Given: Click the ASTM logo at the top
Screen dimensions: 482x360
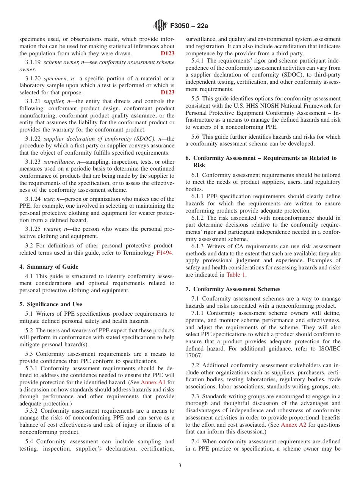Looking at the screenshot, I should (x=160, y=25).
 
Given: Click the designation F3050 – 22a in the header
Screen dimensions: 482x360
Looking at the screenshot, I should (x=189, y=26).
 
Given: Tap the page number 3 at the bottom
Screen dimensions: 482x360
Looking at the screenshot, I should (x=180, y=466).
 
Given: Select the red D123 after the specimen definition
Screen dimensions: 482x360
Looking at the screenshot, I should (x=167, y=92).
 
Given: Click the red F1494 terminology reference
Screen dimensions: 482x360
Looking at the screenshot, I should (x=165, y=253).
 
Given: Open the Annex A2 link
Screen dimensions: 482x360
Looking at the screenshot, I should (x=293, y=425).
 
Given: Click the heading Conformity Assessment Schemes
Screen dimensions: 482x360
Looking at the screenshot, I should (x=237, y=289).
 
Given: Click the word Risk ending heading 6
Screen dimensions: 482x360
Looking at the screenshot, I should (x=199, y=165).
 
